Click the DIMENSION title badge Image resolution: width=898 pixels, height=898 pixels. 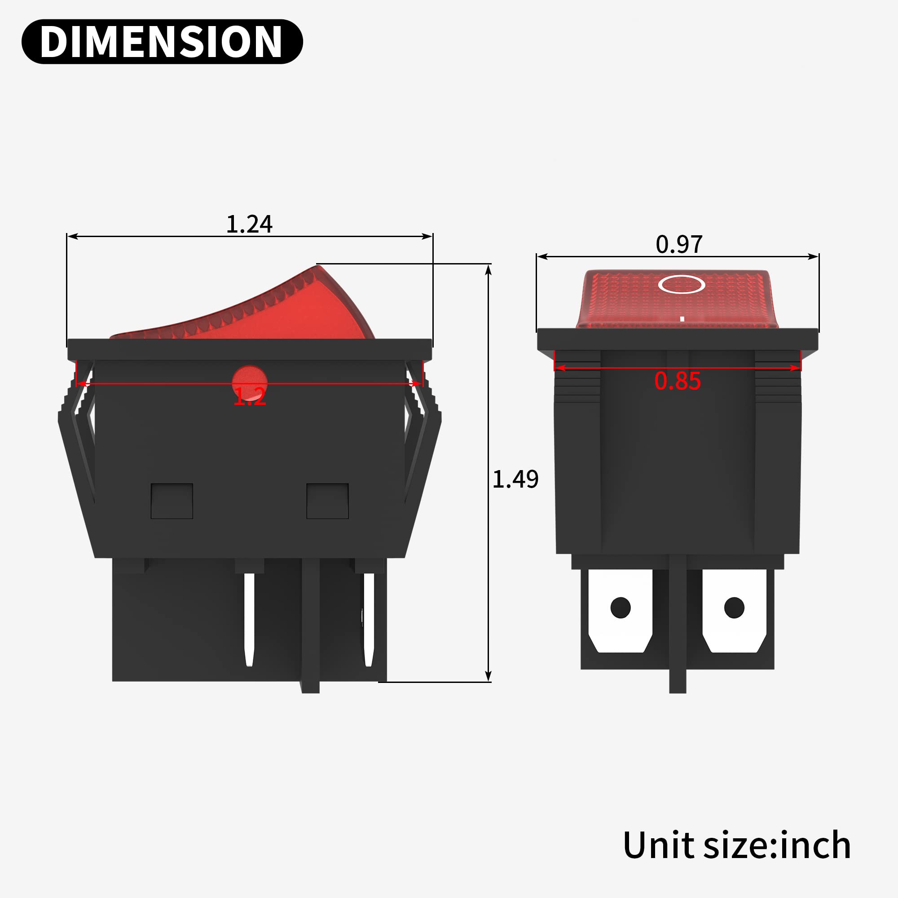162,42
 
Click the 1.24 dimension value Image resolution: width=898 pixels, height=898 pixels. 249,224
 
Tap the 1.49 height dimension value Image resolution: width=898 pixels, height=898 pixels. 515,479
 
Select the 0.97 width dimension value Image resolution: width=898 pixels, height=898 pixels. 678,245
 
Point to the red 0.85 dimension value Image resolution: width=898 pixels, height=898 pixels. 677,381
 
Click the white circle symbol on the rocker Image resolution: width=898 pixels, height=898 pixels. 682,285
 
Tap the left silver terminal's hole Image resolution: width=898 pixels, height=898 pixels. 620,607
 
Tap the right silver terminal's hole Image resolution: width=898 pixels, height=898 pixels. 734,607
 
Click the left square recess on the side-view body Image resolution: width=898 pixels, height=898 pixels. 172,501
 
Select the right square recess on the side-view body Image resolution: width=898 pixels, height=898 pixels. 327,501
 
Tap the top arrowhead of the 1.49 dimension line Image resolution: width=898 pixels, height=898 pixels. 488,269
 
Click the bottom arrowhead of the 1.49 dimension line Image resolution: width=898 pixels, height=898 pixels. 488,677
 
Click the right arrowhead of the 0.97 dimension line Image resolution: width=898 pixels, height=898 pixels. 814,256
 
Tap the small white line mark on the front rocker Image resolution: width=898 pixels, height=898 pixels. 682,319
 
